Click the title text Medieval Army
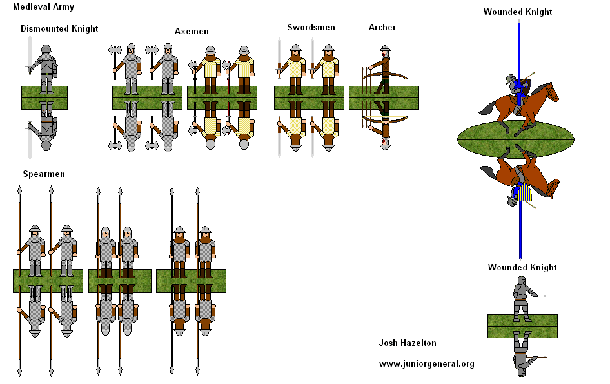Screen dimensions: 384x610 coord(43,7)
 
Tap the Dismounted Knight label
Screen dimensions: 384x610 coord(59,28)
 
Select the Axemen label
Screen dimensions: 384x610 coord(192,31)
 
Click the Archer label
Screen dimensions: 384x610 coord(382,27)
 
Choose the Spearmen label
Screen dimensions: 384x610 coord(44,174)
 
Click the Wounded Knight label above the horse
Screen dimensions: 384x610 coord(518,12)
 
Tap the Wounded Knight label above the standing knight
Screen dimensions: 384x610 coord(522,267)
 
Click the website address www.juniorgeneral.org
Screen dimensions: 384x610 coord(426,363)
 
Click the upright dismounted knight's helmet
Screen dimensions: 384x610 coord(46,50)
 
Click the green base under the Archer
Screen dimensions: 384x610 coord(384,97)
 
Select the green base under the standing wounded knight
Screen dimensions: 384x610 coord(522,326)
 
